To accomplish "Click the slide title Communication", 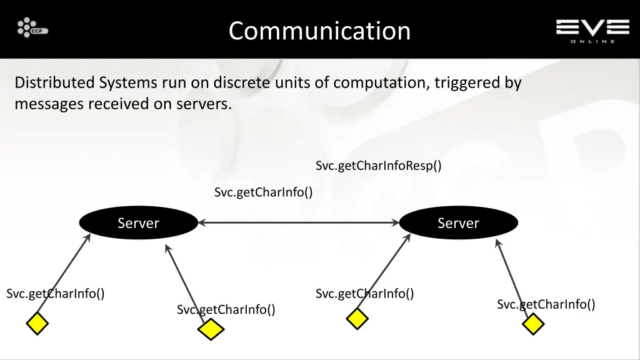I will pos(319,31).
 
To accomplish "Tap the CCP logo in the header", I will pos(32,28).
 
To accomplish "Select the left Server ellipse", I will pos(138,223).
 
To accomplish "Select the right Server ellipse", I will pos(458,223).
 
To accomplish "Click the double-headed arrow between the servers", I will pos(298,222).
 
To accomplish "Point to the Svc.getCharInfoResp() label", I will pos(378,166).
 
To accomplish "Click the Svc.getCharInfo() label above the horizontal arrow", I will pos(263,192).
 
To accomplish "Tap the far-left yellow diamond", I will pos(37,324).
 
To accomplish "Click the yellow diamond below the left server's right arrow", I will pos(211,329).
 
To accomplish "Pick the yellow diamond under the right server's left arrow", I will pos(357,318).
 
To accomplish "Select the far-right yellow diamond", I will pos(533,324).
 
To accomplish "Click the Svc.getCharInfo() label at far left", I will pos(55,293).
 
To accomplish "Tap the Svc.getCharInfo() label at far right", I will pos(546,304).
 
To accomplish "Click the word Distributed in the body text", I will pos(54,82).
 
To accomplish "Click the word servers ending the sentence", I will pos(207,104).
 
